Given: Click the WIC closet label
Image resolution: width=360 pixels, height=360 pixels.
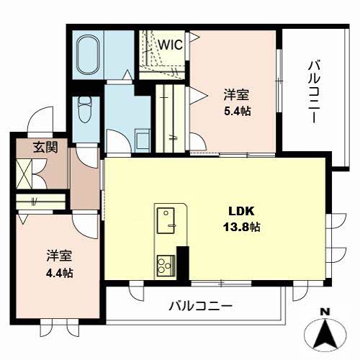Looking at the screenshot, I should (171, 44).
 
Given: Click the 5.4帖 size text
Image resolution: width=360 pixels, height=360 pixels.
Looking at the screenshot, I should (235, 111).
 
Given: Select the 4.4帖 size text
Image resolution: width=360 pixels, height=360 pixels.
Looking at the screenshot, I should (60, 273).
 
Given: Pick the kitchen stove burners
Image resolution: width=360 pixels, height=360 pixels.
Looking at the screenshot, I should (165, 264).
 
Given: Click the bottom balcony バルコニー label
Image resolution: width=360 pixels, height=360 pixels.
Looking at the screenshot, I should (201, 306).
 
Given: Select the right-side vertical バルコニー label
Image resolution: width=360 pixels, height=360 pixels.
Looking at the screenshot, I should (313, 93).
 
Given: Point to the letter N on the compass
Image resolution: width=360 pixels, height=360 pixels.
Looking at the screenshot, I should (325, 311).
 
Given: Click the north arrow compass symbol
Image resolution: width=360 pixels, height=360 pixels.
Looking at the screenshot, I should (325, 333).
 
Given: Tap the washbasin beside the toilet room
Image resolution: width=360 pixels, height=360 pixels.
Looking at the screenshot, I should (140, 138).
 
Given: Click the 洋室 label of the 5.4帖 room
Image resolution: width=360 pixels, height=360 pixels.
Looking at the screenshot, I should (235, 94).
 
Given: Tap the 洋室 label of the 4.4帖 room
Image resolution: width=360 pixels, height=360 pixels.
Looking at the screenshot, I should (59, 256).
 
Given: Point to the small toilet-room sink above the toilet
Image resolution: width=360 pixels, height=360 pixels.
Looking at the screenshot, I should (85, 100).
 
